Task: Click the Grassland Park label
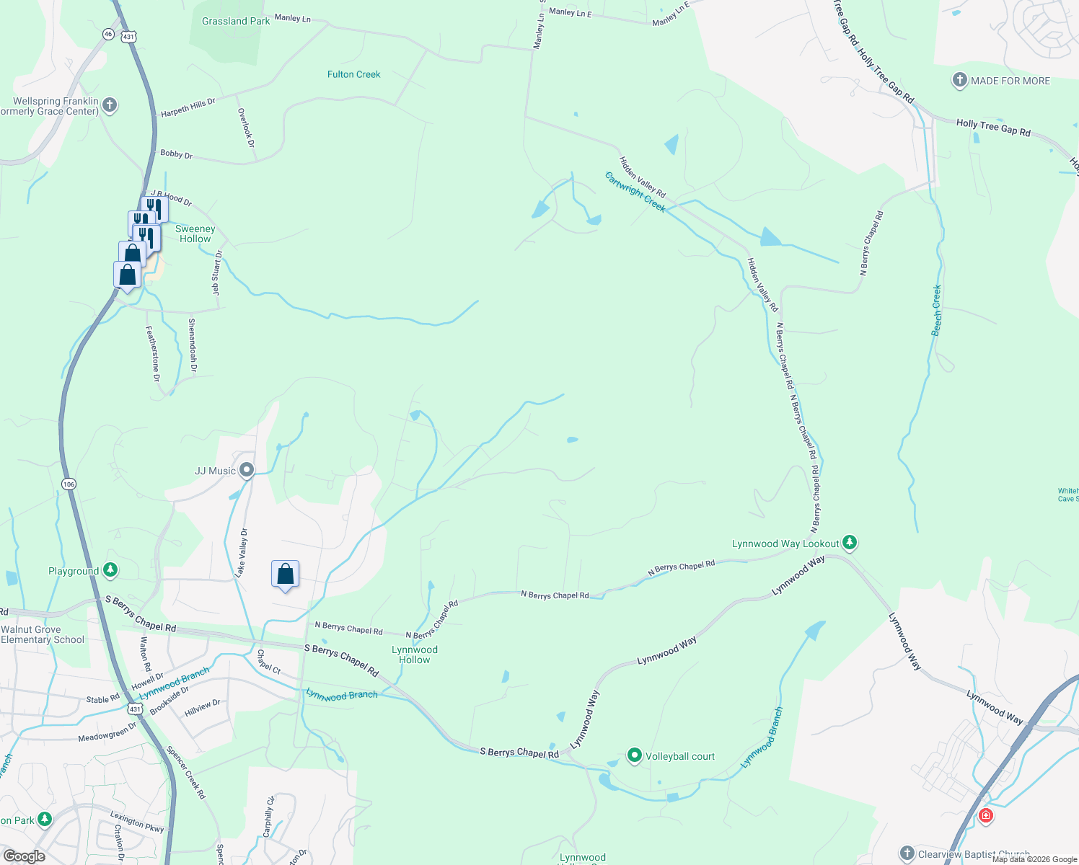pyautogui.click(x=236, y=22)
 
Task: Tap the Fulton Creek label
pyautogui.click(x=353, y=74)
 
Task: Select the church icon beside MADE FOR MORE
pyautogui.click(x=959, y=80)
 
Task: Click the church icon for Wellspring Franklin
pyautogui.click(x=110, y=105)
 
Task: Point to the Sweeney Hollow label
pyautogui.click(x=195, y=234)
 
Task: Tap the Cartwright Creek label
pyautogui.click(x=635, y=192)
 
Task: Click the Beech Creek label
pyautogui.click(x=937, y=310)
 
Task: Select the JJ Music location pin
pyautogui.click(x=247, y=471)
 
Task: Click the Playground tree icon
pyautogui.click(x=110, y=571)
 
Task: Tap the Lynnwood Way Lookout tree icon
pyautogui.click(x=850, y=543)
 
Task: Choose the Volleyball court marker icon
pyautogui.click(x=635, y=755)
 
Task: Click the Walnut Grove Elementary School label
pyautogui.click(x=43, y=634)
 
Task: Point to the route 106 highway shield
pyautogui.click(x=69, y=484)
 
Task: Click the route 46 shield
pyautogui.click(x=108, y=34)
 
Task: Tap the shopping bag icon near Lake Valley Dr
pyautogui.click(x=285, y=575)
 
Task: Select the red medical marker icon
pyautogui.click(x=985, y=815)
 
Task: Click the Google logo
pyautogui.click(x=24, y=856)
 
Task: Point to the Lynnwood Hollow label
pyautogui.click(x=415, y=655)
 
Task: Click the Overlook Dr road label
pyautogui.click(x=246, y=128)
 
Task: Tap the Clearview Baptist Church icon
pyautogui.click(x=907, y=853)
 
